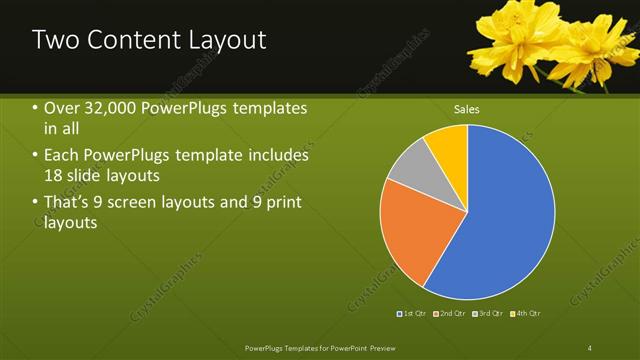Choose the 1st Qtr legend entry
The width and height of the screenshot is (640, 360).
tap(413, 314)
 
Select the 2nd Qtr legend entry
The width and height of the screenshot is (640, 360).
tap(449, 314)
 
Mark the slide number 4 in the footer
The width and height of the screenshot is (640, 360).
tap(590, 347)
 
